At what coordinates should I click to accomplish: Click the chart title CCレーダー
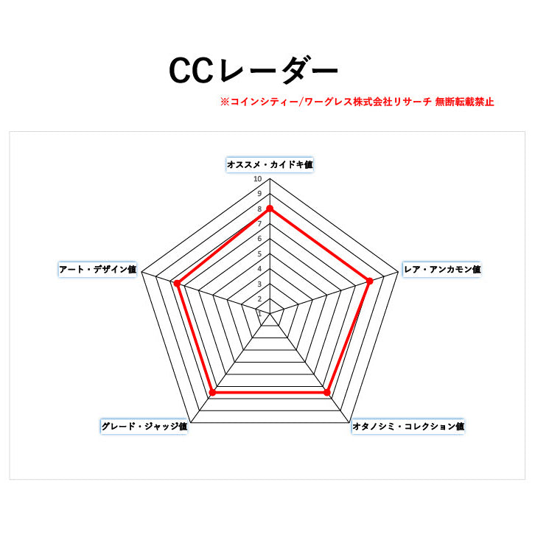click(253, 70)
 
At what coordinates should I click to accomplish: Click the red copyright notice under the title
click(357, 102)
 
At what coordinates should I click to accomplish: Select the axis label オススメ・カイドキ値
click(270, 164)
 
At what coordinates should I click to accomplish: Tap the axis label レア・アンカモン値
click(442, 269)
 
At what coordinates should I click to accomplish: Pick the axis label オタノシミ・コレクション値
click(408, 426)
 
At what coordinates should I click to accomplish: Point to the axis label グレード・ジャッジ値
click(144, 426)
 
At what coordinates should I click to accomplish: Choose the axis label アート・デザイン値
click(97, 269)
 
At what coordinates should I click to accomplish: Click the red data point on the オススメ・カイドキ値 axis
click(270, 209)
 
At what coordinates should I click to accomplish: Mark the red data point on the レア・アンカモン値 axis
click(369, 282)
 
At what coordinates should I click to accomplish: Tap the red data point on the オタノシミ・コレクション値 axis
click(327, 392)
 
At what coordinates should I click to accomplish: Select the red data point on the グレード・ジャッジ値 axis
click(212, 392)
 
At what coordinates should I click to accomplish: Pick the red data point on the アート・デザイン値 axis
click(177, 283)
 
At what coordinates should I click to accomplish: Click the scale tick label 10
click(258, 179)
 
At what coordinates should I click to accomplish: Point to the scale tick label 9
click(259, 194)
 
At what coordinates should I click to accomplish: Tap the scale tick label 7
click(259, 224)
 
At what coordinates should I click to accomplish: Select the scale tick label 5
click(259, 253)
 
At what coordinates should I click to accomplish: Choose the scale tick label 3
click(259, 284)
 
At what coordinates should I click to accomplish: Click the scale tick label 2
click(259, 299)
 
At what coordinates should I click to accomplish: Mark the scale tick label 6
click(259, 239)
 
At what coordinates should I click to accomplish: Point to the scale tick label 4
click(259, 269)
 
